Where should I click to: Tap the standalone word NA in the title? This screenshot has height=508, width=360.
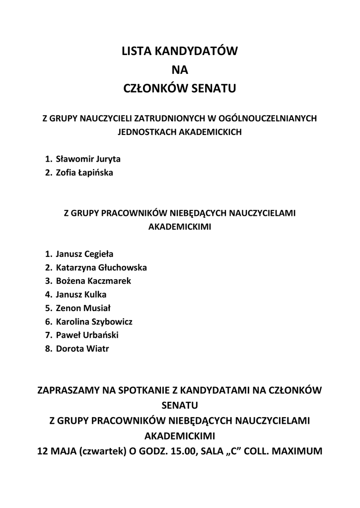tap(180, 69)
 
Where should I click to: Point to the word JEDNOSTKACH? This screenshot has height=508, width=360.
tap(142, 132)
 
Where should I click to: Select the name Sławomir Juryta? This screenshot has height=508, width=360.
tap(88, 159)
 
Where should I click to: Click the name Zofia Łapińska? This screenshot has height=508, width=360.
tap(84, 173)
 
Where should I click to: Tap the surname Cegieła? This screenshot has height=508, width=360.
tap(98, 254)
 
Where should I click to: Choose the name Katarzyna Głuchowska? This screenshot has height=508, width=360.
tap(101, 267)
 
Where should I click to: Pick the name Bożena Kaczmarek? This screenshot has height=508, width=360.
tap(93, 281)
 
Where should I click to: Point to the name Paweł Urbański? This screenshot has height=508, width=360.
tap(87, 335)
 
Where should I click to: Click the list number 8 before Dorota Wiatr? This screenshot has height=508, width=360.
tap(48, 349)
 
